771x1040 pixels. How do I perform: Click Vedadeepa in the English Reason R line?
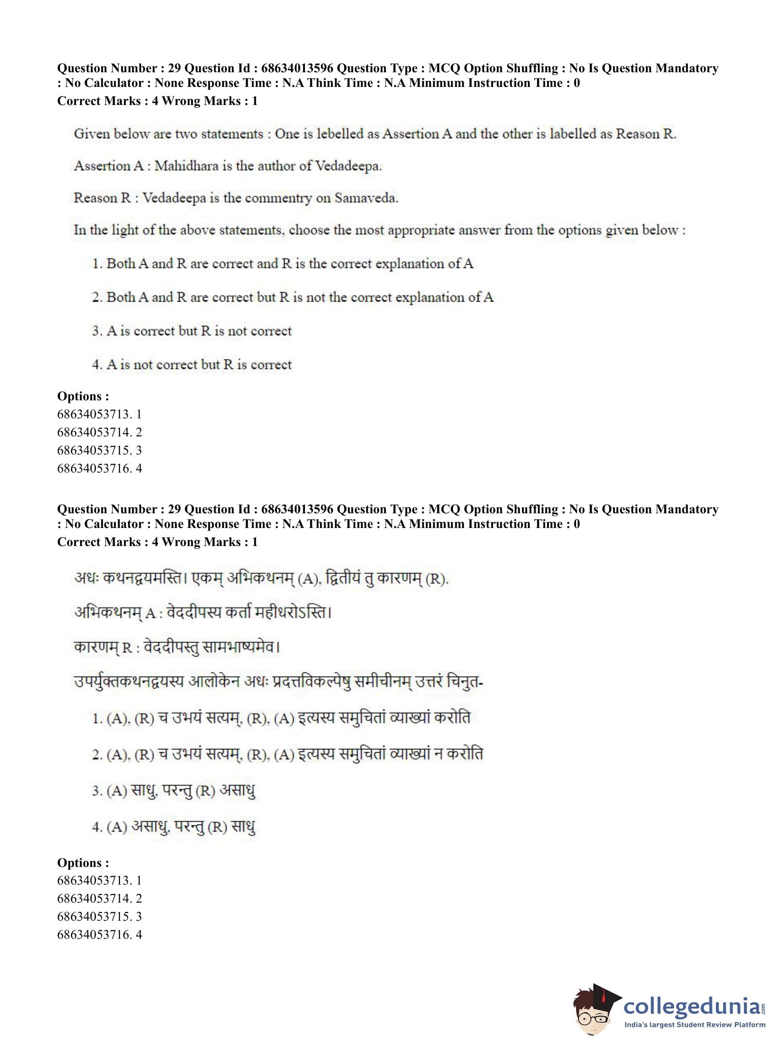tap(173, 198)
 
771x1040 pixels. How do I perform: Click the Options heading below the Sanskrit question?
tap(83, 862)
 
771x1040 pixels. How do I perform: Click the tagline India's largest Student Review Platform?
tap(695, 1024)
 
